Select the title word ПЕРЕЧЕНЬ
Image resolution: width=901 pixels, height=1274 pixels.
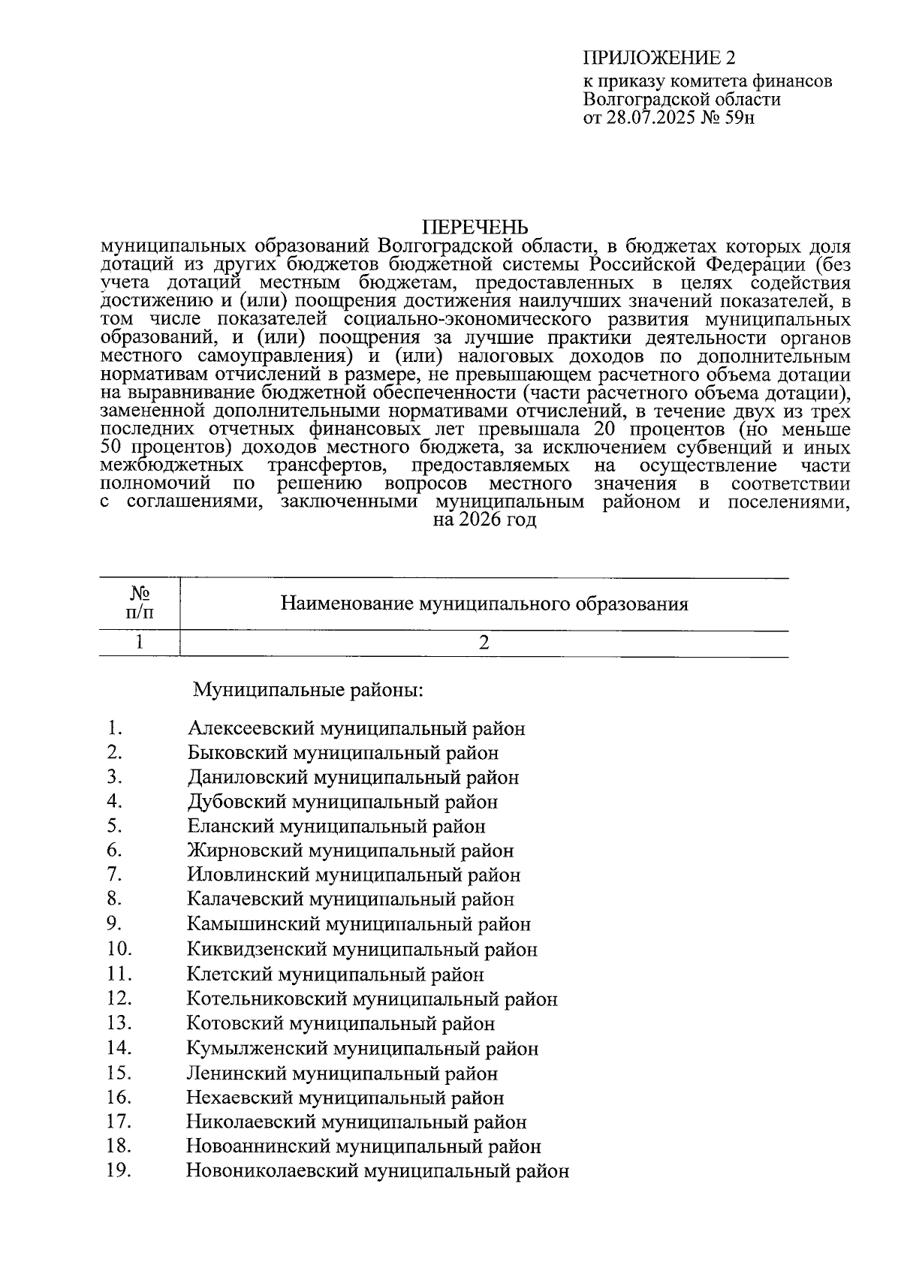pyautogui.click(x=475, y=227)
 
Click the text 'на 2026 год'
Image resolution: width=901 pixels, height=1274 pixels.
pyautogui.click(x=485, y=520)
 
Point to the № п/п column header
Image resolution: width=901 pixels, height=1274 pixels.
pyautogui.click(x=139, y=604)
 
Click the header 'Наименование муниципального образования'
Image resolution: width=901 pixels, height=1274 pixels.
pyautogui.click(x=484, y=604)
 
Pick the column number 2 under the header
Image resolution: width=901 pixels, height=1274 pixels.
pyautogui.click(x=484, y=643)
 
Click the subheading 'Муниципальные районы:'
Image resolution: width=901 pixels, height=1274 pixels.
pyautogui.click(x=309, y=689)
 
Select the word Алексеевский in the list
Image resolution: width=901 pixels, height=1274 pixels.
pyautogui.click(x=252, y=728)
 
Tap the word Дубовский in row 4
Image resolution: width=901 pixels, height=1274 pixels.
pyautogui.click(x=237, y=802)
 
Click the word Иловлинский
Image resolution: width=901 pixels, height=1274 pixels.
pyautogui.click(x=248, y=875)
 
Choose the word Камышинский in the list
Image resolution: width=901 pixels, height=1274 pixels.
pyautogui.click(x=253, y=925)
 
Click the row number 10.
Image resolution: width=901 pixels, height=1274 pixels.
pyautogui.click(x=119, y=949)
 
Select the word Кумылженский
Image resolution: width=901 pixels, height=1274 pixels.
pyautogui.click(x=257, y=1049)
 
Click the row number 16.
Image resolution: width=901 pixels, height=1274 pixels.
pyautogui.click(x=119, y=1098)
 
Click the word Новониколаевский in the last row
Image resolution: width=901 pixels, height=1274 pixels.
pyautogui.click(x=271, y=1171)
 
